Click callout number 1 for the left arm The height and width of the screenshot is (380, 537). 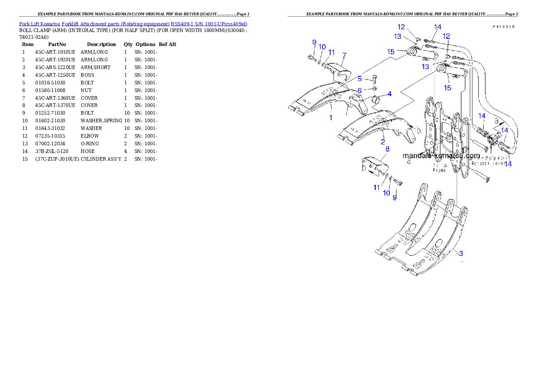coord(331,117)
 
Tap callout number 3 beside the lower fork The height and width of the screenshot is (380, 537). coord(461,253)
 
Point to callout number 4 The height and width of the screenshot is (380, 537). coord(389,94)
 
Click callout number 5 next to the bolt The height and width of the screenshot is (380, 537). coord(360,79)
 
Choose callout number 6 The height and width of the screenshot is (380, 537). coord(360,90)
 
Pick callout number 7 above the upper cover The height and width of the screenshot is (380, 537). coord(344,56)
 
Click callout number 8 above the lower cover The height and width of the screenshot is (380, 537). coord(387,148)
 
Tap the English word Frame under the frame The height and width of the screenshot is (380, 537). coord(440,170)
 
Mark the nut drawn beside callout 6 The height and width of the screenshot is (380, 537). coord(374,89)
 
